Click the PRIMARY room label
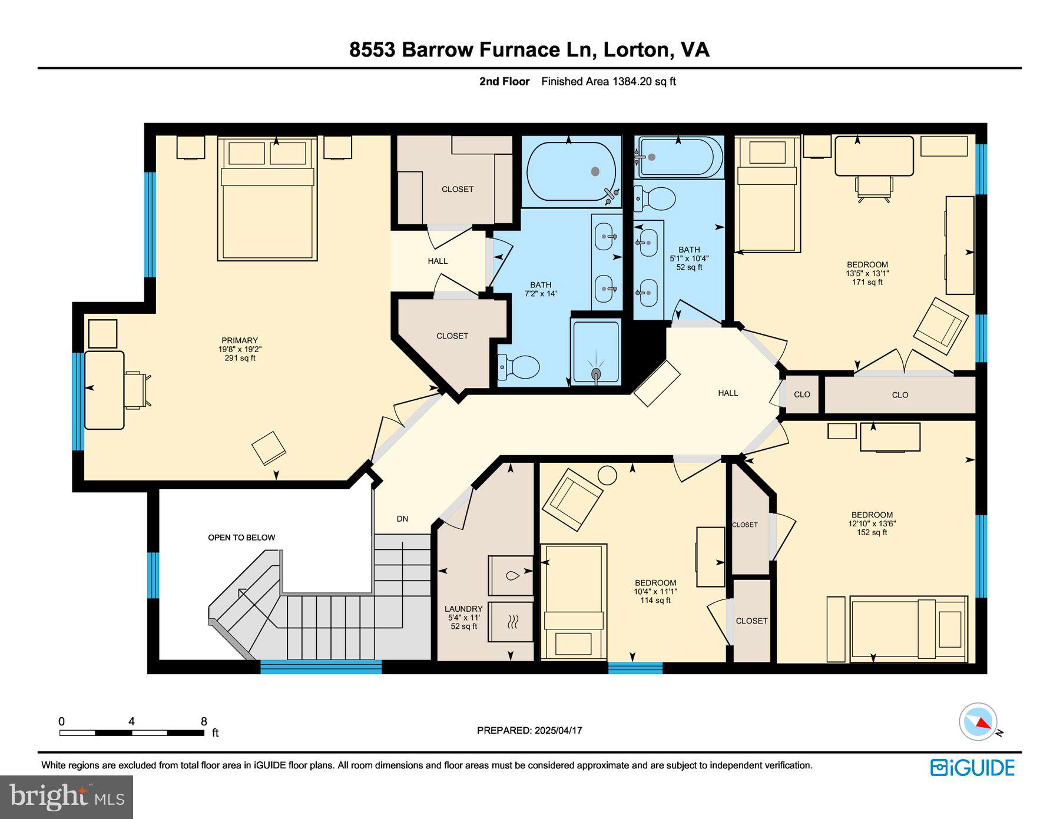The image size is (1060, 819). (240, 340)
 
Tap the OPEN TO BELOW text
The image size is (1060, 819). (241, 538)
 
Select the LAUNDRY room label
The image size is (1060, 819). (463, 609)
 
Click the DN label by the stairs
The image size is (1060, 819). (402, 519)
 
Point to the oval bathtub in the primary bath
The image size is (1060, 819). (571, 171)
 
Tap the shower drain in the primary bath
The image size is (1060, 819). (596, 373)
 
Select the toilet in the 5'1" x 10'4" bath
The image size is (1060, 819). (654, 199)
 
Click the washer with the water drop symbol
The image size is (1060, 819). (511, 575)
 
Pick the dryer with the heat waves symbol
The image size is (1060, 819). (511, 621)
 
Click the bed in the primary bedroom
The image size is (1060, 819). (267, 198)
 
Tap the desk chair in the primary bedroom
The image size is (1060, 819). (137, 390)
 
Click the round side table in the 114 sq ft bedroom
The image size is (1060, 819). (607, 475)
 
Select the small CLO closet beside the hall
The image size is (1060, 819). (802, 394)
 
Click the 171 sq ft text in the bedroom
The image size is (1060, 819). (867, 282)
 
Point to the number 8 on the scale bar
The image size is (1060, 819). (204, 721)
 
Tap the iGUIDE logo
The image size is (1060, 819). (972, 768)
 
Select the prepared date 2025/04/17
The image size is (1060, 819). (558, 731)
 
